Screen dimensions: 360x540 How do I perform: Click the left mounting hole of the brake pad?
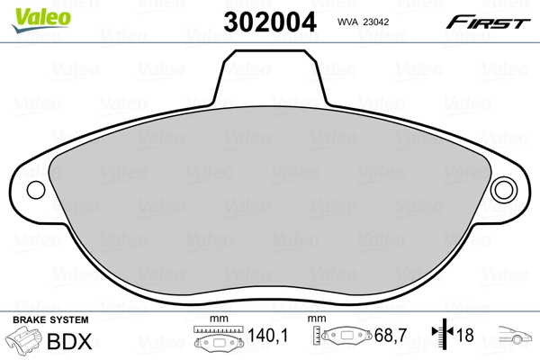click(x=37, y=191)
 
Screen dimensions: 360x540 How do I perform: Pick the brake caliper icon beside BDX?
click(x=24, y=341)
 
